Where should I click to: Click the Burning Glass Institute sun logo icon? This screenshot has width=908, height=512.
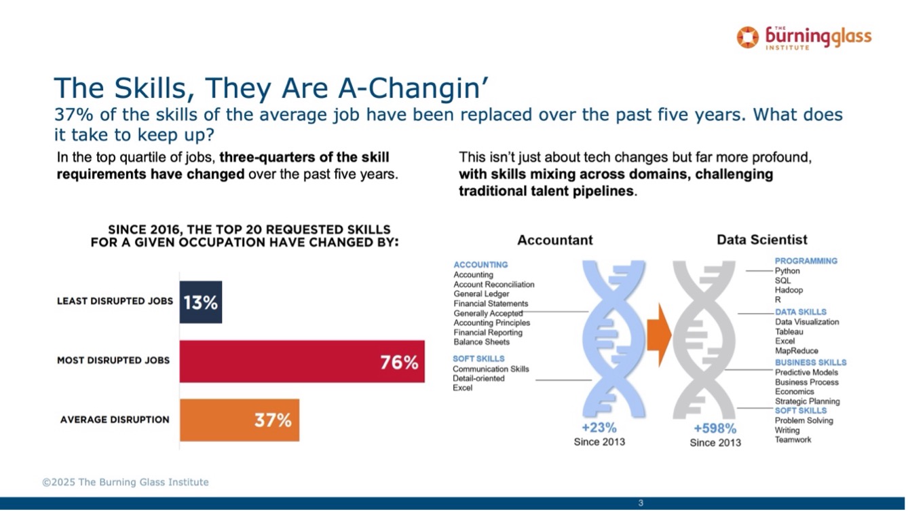click(x=747, y=37)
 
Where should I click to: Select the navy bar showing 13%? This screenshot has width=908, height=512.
click(x=201, y=302)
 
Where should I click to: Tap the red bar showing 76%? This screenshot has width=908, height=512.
click(x=302, y=361)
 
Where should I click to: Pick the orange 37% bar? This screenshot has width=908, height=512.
click(x=240, y=420)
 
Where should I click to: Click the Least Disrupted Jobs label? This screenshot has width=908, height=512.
click(x=115, y=301)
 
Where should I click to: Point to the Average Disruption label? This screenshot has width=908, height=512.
click(x=115, y=420)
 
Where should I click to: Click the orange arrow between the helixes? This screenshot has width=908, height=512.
click(x=659, y=335)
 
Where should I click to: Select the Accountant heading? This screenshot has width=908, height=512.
click(x=555, y=240)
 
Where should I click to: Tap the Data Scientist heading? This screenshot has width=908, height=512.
click(x=762, y=240)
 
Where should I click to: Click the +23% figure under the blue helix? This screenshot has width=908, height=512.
click(x=599, y=427)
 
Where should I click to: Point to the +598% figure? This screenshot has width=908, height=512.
click(x=715, y=428)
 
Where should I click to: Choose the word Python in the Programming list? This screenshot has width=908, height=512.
click(x=787, y=271)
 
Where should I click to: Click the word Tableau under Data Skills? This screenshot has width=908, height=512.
click(x=789, y=331)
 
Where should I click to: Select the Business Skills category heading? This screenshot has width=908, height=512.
click(x=811, y=363)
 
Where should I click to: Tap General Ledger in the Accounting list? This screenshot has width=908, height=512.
click(x=481, y=294)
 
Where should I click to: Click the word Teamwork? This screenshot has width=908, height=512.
click(x=793, y=440)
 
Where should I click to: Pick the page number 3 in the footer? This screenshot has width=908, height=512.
click(x=641, y=503)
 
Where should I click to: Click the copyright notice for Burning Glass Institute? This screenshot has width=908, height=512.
click(x=126, y=482)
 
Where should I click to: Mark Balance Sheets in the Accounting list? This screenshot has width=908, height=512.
click(x=482, y=342)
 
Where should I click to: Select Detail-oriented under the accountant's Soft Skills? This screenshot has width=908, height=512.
click(x=478, y=378)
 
